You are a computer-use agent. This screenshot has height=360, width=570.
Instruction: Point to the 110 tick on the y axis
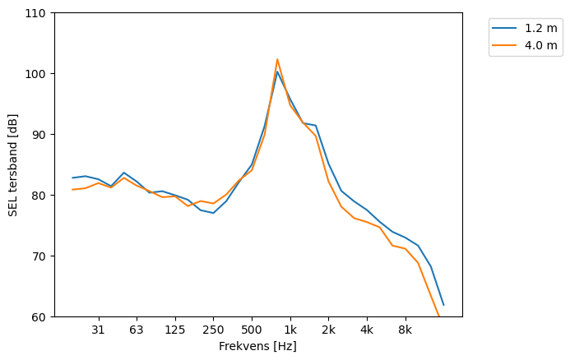[x=38, y=13]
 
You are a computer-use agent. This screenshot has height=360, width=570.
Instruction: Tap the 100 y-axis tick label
[x=38, y=74]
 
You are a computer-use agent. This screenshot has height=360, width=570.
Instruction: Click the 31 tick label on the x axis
[x=98, y=330]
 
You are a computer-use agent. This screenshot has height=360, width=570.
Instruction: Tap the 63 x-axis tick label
[x=137, y=330]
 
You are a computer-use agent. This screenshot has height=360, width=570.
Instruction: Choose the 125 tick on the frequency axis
[x=174, y=330]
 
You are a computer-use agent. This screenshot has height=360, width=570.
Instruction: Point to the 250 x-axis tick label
[x=213, y=330]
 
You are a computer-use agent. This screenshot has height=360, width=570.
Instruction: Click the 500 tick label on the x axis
[x=252, y=330]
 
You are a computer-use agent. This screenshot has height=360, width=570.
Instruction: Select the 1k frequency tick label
[x=290, y=330]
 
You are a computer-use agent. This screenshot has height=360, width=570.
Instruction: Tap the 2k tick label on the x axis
[x=328, y=330]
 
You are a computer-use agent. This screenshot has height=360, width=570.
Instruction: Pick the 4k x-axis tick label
[x=367, y=330]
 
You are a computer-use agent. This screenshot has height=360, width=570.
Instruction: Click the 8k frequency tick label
[x=405, y=330]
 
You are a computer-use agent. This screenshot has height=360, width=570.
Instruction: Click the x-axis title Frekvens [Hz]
[x=257, y=347]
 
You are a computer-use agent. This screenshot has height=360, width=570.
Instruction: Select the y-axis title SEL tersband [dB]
[x=12, y=165]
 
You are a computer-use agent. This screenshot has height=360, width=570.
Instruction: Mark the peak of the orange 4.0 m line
[x=277, y=59]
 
